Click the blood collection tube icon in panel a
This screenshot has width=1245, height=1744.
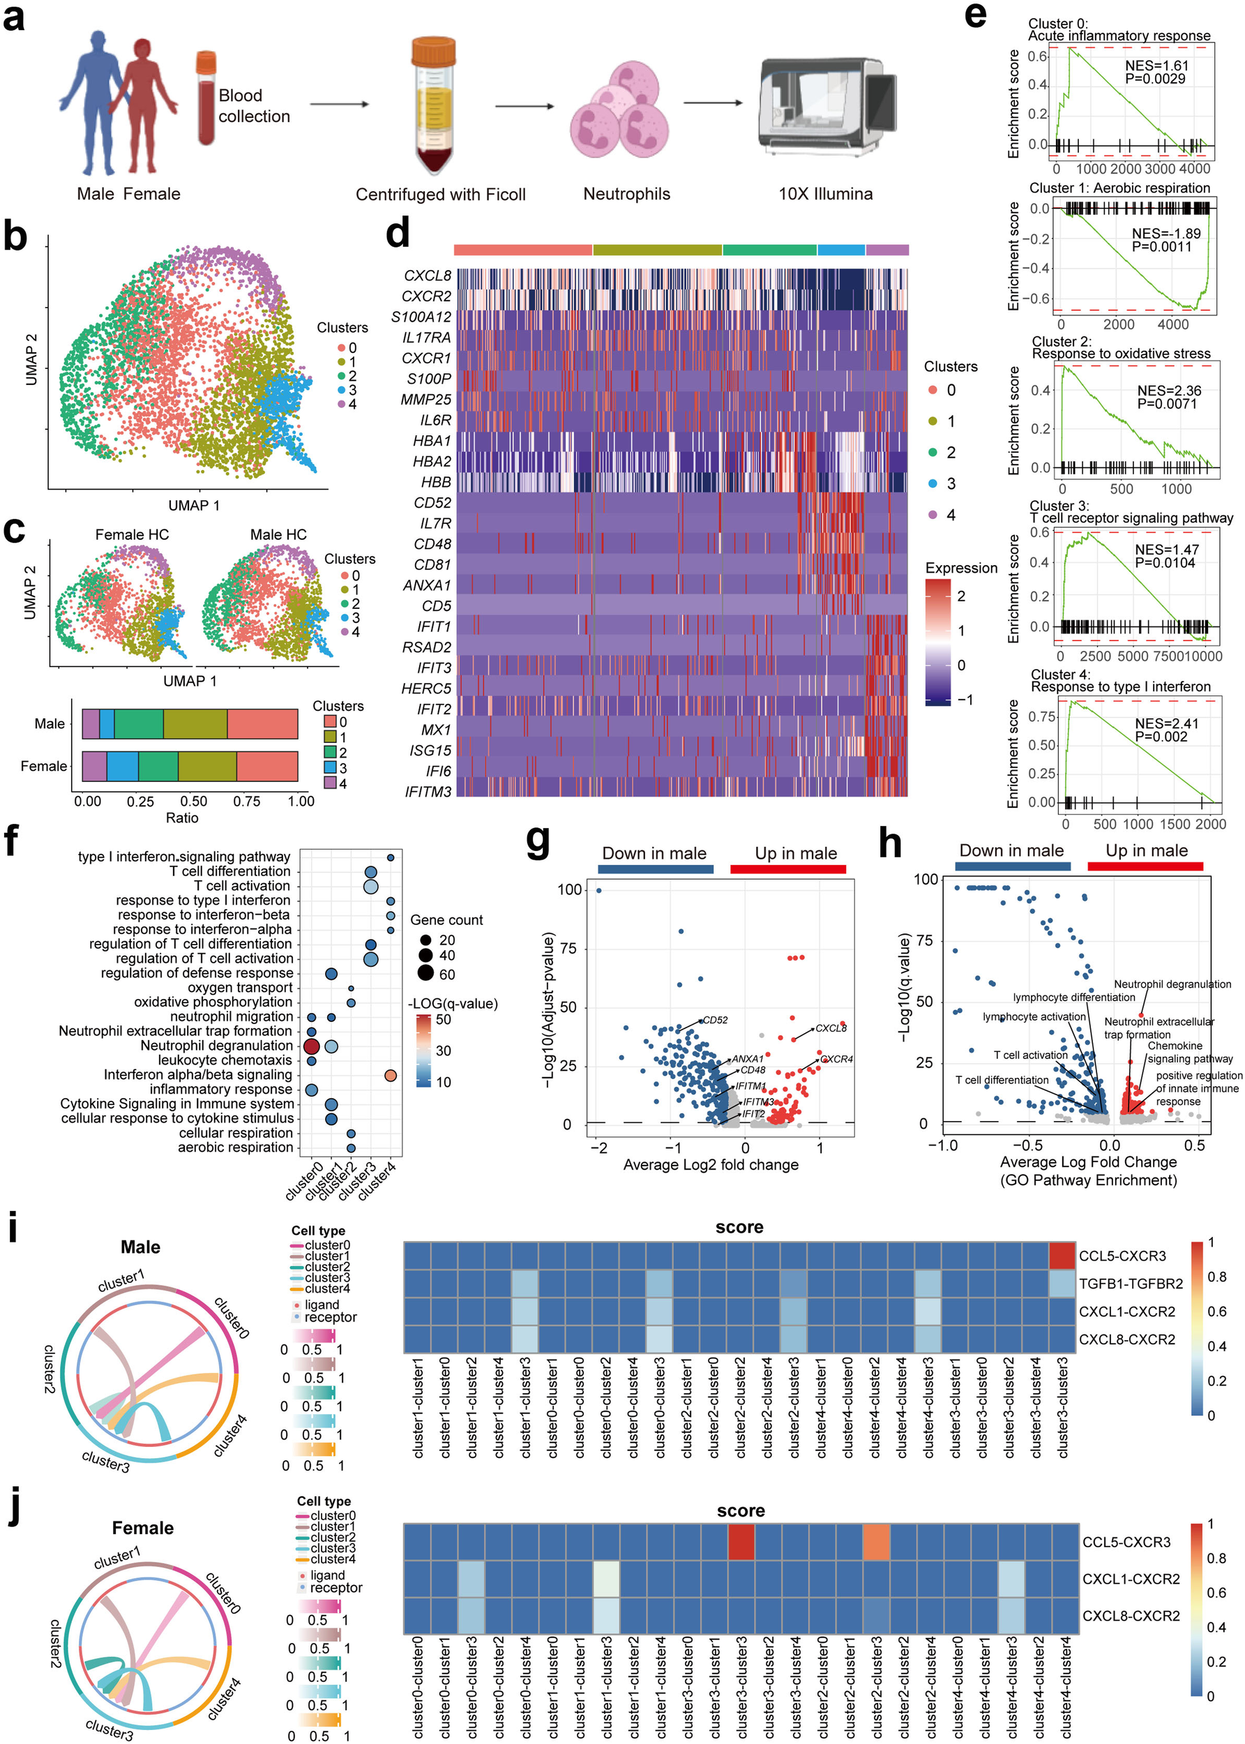pos(206,98)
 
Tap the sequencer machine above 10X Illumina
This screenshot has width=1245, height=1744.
pos(827,103)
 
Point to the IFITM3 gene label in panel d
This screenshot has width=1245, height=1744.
pos(428,792)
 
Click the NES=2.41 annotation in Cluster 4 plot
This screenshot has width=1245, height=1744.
pos(1167,723)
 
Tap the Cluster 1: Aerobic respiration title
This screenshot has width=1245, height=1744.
pos(1119,188)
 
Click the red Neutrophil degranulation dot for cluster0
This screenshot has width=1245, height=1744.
pos(311,1046)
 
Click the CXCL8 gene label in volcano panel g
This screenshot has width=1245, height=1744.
pos(831,1028)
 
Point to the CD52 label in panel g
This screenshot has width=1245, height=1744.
pos(715,1021)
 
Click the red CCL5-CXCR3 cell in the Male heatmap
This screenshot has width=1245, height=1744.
pos(1062,1256)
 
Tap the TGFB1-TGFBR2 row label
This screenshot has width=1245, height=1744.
pos(1131,1284)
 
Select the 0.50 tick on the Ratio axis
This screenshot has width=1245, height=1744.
pos(194,801)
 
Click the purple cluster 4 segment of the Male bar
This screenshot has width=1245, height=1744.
pos(91,723)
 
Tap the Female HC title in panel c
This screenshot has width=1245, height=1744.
pos(132,534)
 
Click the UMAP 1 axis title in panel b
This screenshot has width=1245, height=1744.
pos(194,505)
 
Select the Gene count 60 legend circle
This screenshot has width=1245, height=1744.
pos(425,974)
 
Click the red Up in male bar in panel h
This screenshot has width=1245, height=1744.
pos(1145,866)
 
